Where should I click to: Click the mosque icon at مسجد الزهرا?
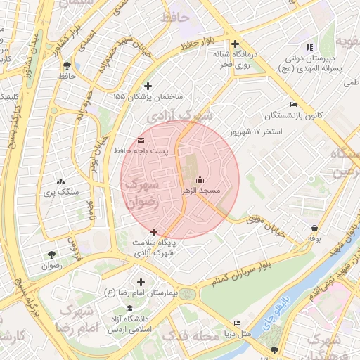coord(200,179)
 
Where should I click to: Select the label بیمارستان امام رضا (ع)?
coord(141,292)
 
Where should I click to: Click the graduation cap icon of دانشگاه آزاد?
coord(129,309)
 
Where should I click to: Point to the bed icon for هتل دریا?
coord(237,323)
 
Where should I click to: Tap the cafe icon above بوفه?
coord(314,228)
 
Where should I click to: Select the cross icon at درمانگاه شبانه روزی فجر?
coord(236,44)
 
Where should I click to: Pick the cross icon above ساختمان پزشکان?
coord(148,86)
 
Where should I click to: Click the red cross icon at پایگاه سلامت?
coord(153,232)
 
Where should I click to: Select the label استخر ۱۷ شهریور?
coord(256,132)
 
